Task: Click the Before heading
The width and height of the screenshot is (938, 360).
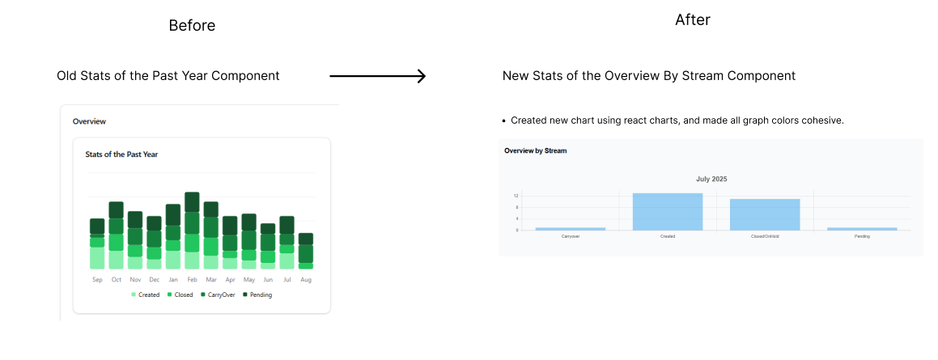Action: pyautogui.click(x=192, y=26)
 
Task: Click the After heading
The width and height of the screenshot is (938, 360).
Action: pyautogui.click(x=692, y=20)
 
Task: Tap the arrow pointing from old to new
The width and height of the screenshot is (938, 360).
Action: pyautogui.click(x=377, y=77)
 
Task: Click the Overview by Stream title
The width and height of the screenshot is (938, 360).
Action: pyautogui.click(x=535, y=150)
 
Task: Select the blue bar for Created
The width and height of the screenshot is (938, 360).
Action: pyautogui.click(x=668, y=211)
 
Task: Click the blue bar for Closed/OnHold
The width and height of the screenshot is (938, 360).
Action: pyautogui.click(x=765, y=214)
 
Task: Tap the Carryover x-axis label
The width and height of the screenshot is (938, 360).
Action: pyautogui.click(x=570, y=236)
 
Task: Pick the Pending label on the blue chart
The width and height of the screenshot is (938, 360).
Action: pyautogui.click(x=862, y=236)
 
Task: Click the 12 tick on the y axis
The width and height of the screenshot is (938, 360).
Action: pyautogui.click(x=516, y=196)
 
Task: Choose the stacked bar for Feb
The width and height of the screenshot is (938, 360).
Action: pyautogui.click(x=192, y=231)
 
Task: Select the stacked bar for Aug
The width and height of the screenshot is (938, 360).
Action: pyautogui.click(x=305, y=251)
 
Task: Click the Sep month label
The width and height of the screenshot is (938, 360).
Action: pyautogui.click(x=97, y=280)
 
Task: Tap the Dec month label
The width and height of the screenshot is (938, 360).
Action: pyautogui.click(x=154, y=280)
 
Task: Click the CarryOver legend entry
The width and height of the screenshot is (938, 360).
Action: pyautogui.click(x=218, y=295)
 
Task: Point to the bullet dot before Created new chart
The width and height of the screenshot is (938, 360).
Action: pyautogui.click(x=504, y=121)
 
